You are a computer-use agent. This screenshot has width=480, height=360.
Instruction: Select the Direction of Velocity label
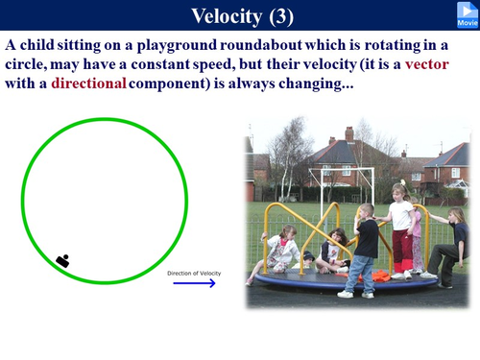coord(194,273)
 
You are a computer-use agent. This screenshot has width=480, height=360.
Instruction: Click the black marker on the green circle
coord(63,259)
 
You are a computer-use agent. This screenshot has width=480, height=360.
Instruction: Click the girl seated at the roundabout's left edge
coord(280,252)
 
